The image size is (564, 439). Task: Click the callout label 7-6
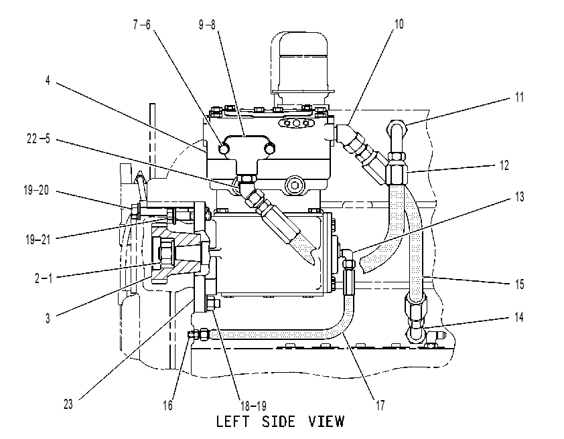pos(142,25)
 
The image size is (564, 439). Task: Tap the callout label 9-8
pos(207,25)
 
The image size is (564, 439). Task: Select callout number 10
pos(399,24)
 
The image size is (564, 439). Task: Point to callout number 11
pos(519,97)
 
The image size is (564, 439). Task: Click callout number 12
pos(504,165)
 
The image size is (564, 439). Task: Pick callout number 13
pos(519,197)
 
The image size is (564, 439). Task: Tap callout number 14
pos(518,317)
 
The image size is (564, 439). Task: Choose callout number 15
pos(519,284)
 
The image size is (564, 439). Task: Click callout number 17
pos(380,406)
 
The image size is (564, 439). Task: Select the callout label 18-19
pos(253,406)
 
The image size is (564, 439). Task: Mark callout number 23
pos(68,404)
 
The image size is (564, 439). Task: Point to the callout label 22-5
pos(38,139)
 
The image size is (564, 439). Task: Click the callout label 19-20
pos(36,190)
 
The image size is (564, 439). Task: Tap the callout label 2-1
pos(43,278)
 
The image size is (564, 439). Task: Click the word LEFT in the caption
pos(232,422)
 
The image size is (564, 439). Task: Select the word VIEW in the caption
pos(326,422)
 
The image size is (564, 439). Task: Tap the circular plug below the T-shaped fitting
pos(295,185)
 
